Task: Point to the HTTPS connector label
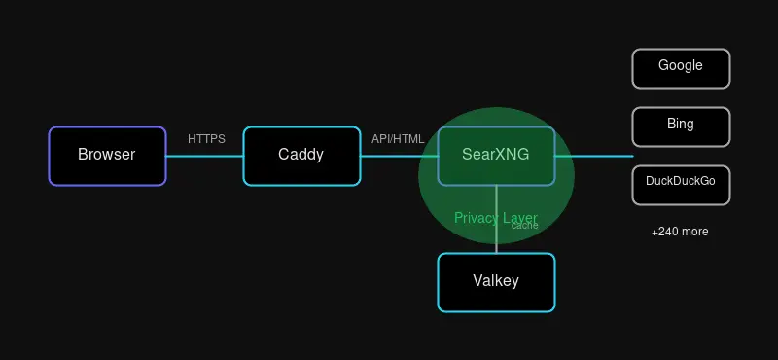206,139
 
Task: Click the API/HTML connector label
398,139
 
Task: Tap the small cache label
524,226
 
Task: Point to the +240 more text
680,232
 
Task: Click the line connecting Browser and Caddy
204,156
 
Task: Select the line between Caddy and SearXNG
399,156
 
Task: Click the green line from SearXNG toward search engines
593,156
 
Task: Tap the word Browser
107,155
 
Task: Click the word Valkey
496,281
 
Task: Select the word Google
681,66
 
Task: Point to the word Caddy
301,155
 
